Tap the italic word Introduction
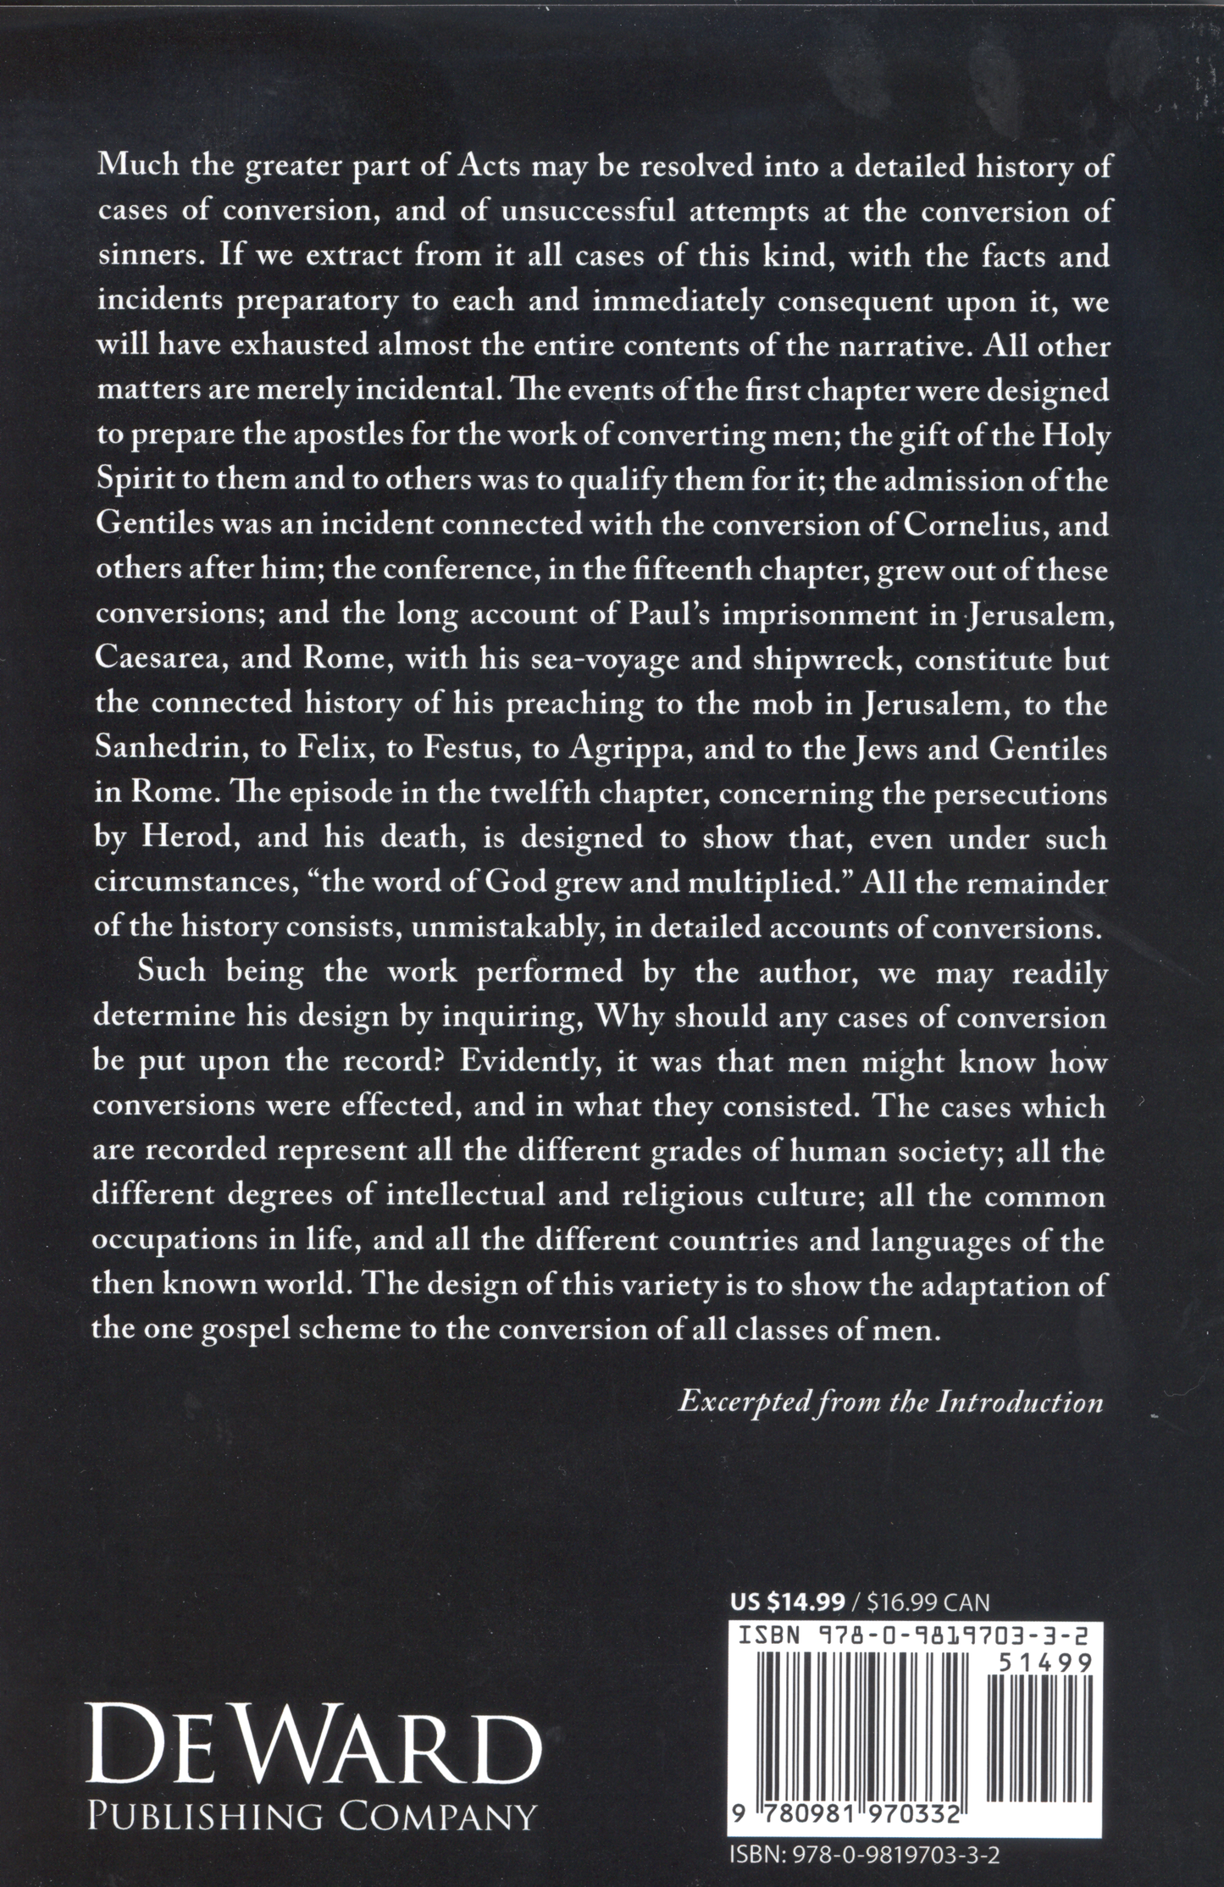[1019, 1402]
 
